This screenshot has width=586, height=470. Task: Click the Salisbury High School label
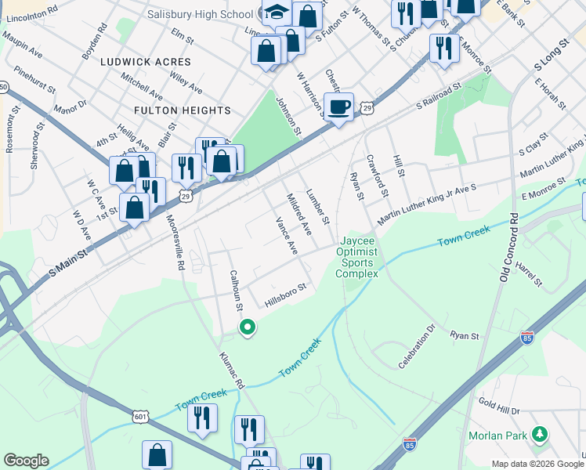pyautogui.click(x=200, y=15)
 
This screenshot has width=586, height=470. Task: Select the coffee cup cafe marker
pyautogui.click(x=338, y=107)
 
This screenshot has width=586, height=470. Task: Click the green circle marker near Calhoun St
pyautogui.click(x=247, y=327)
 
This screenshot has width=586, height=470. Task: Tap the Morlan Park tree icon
pyautogui.click(x=539, y=434)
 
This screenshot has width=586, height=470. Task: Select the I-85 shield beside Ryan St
pyautogui.click(x=527, y=338)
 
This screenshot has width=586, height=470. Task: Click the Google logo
pyautogui.click(x=26, y=461)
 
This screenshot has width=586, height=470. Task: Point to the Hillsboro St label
pyautogui.click(x=284, y=295)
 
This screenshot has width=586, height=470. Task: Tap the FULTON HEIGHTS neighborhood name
pyautogui.click(x=182, y=110)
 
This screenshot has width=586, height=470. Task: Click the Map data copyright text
pyautogui.click(x=537, y=464)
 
